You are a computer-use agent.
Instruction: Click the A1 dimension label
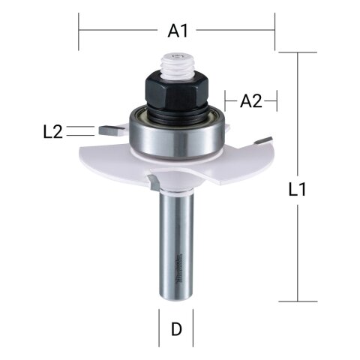[177, 31]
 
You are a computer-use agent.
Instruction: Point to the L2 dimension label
[52, 132]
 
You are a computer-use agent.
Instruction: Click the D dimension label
[176, 328]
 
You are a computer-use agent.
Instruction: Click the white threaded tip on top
[177, 61]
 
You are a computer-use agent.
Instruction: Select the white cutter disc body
[217, 168]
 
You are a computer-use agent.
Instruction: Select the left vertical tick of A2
[226, 100]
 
